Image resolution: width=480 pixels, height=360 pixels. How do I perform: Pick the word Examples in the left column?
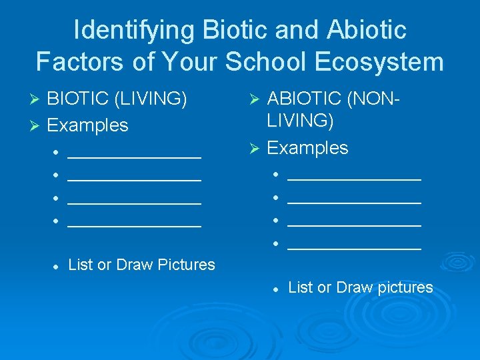click(x=88, y=125)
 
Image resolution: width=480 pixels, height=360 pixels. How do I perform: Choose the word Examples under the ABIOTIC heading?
click(x=307, y=147)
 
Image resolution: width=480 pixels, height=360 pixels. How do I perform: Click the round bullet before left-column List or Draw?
click(x=57, y=265)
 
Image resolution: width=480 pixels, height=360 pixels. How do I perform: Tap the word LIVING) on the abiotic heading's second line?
click(x=301, y=121)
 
